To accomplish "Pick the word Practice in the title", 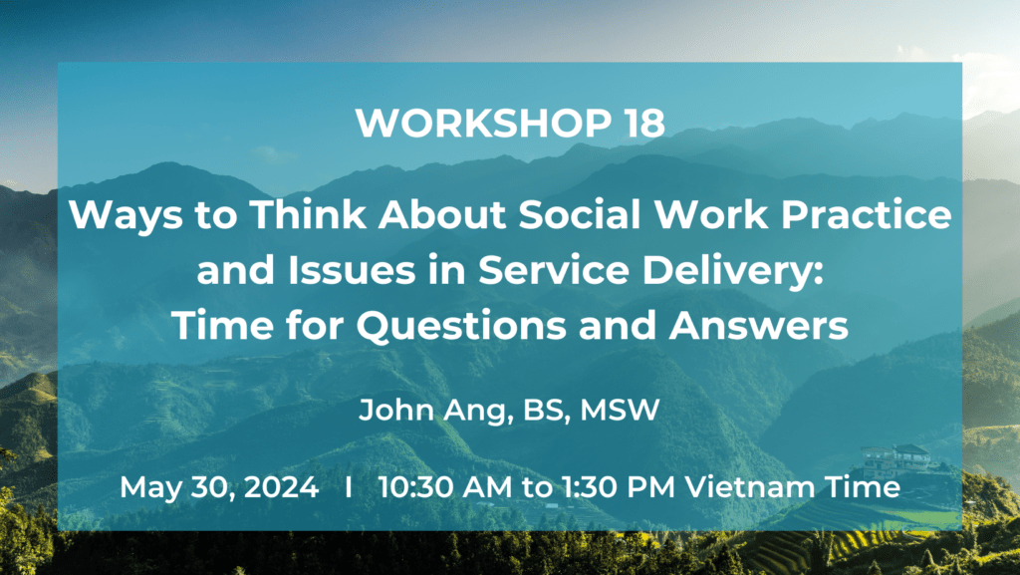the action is tap(866, 215).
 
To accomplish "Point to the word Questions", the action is tap(461, 327).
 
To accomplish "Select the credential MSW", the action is tap(620, 410).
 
